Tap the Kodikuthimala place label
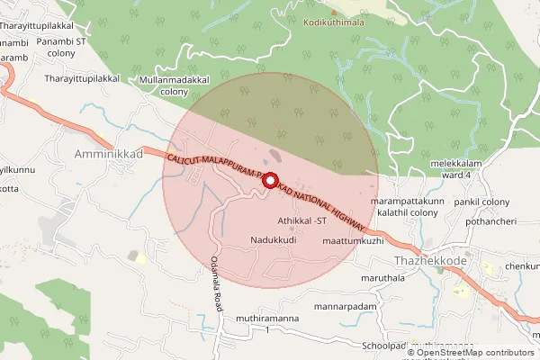coord(335,22)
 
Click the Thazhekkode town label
coord(429,261)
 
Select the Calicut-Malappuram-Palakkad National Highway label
coord(265,188)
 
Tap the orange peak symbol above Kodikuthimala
coord(334,12)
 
